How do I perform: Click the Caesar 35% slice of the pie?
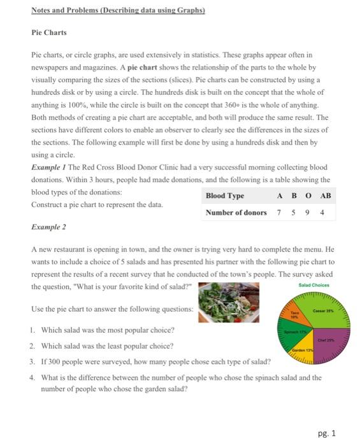325,313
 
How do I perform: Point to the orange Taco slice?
296,316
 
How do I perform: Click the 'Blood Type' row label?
225,196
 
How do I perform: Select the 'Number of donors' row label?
236,212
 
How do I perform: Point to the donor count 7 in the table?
279,212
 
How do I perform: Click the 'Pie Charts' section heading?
49,32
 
